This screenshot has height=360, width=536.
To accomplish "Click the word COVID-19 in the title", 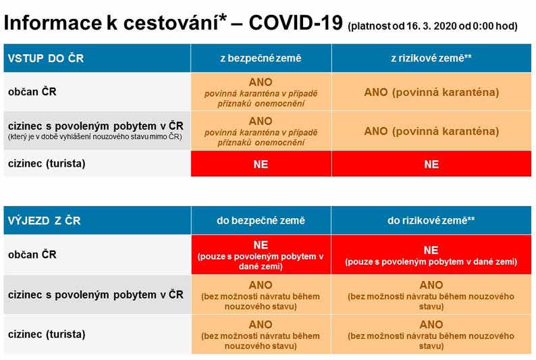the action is pos(296,23).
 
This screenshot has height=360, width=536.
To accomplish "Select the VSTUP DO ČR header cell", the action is pos(97,58).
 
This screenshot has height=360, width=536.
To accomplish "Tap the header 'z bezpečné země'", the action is pos(261,58).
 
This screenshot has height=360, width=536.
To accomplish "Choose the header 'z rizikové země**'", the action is pos(431,58).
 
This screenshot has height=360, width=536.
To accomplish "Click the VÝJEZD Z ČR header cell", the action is pos(97,220).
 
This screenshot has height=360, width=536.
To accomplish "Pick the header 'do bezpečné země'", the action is pos(261,220).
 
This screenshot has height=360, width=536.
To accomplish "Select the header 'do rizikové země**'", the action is pos(431,220).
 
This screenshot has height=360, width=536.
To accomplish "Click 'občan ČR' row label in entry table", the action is pos(32,92).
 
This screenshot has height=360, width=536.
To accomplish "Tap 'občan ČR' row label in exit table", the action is pos(32,255).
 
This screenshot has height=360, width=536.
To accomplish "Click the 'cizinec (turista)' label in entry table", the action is pos(47,163).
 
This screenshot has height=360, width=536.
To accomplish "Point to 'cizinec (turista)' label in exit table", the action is pos(47,334).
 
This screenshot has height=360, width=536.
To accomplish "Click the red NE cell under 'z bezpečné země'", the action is pos(261,163).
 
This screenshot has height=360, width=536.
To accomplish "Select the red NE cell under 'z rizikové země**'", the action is pos(431,163).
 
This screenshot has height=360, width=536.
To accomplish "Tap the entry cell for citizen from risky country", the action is pos(431,92).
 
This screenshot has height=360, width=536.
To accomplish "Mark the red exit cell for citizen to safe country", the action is pos(261,255).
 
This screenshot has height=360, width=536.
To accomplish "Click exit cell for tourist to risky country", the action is pos(431,334).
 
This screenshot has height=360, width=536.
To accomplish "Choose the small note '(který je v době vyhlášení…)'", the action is pos(95,136).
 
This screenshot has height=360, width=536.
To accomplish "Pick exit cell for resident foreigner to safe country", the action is pos(261,294).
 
